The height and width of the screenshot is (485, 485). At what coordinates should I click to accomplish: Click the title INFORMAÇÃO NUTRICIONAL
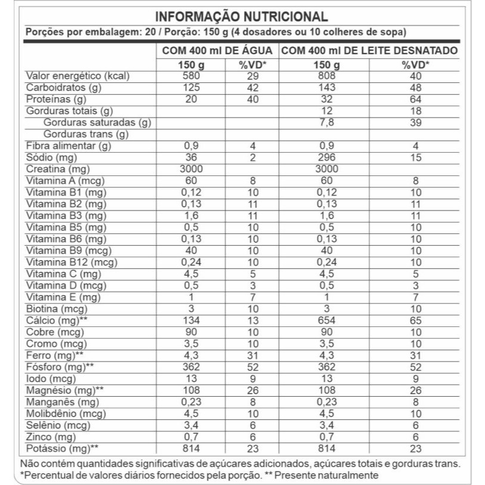click(241, 16)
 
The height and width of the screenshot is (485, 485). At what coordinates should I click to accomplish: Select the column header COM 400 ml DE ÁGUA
click(218, 51)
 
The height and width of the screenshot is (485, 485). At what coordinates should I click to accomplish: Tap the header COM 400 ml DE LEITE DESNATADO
click(369, 51)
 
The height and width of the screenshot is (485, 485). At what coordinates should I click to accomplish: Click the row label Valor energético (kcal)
click(78, 76)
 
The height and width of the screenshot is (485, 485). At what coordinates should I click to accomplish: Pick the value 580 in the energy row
click(191, 76)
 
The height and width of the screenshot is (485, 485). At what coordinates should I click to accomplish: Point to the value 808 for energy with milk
click(328, 76)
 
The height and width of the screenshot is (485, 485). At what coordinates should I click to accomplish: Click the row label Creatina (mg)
click(57, 169)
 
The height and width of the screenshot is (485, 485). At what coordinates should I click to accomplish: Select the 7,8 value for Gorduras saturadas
click(328, 123)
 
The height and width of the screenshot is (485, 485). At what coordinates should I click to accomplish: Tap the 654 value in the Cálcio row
click(328, 320)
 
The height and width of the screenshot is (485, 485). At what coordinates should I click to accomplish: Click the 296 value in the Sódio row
click(328, 158)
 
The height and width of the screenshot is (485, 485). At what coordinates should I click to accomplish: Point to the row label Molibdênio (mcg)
click(66, 413)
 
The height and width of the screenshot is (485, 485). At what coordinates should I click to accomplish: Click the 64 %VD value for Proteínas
click(416, 100)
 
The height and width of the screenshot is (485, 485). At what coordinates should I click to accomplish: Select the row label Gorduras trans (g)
click(87, 134)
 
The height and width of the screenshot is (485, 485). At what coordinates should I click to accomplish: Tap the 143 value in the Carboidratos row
click(328, 88)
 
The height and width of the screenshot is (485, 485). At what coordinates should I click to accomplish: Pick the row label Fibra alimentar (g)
click(68, 146)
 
